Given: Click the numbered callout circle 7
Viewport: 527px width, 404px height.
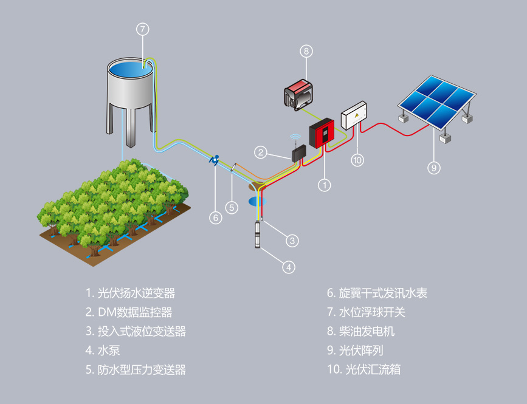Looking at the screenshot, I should pyautogui.click(x=142, y=29).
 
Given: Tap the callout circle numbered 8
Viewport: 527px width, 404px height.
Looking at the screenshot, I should pyautogui.click(x=306, y=51).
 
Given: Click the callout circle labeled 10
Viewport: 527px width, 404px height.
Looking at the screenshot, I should pyautogui.click(x=357, y=160).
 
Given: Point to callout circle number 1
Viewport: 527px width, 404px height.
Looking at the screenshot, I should pyautogui.click(x=325, y=185).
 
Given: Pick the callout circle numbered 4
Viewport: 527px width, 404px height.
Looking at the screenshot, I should pyautogui.click(x=289, y=266).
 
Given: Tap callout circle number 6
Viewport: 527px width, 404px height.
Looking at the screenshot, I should pyautogui.click(x=215, y=217).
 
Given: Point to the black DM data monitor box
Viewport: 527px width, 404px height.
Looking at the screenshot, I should pyautogui.click(x=298, y=154).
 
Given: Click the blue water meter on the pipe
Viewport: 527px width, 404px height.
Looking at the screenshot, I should pyautogui.click(x=215, y=160).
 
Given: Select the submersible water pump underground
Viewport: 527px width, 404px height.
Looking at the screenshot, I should pyautogui.click(x=260, y=234).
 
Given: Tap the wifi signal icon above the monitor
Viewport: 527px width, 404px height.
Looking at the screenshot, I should pyautogui.click(x=296, y=138).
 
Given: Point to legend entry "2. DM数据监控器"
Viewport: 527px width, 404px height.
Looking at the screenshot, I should pyautogui.click(x=129, y=312).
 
